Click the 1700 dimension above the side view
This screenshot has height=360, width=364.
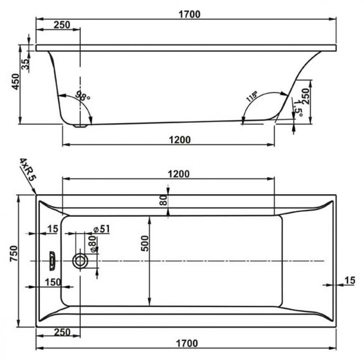coord(189,14)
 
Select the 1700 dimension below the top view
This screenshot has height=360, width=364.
coord(187,343)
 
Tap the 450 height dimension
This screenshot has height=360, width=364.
coord(16,82)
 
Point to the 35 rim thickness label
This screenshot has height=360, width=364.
coord(26,64)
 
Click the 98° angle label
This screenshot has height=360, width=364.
coord(83,95)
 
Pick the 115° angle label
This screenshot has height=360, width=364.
coord(252,96)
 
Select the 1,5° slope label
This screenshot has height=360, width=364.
coord(297,108)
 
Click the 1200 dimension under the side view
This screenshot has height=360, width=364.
coord(179,140)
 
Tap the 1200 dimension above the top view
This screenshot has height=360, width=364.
coord(179,174)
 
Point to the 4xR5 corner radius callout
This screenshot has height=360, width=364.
coord(28,169)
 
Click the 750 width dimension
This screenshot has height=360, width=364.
coord(14,253)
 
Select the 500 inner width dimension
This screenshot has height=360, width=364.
coord(144,243)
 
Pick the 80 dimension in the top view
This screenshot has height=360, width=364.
coord(163,200)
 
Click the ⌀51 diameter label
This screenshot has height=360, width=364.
coord(101,229)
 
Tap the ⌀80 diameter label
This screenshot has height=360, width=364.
coord(93,244)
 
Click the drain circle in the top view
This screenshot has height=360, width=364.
coord(80,261)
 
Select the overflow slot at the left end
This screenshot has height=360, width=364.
coord(52,261)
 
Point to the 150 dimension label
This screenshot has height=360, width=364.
coord(53,282)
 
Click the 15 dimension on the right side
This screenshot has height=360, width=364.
coord(350,280)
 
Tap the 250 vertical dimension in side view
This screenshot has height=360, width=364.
coord(306,96)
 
